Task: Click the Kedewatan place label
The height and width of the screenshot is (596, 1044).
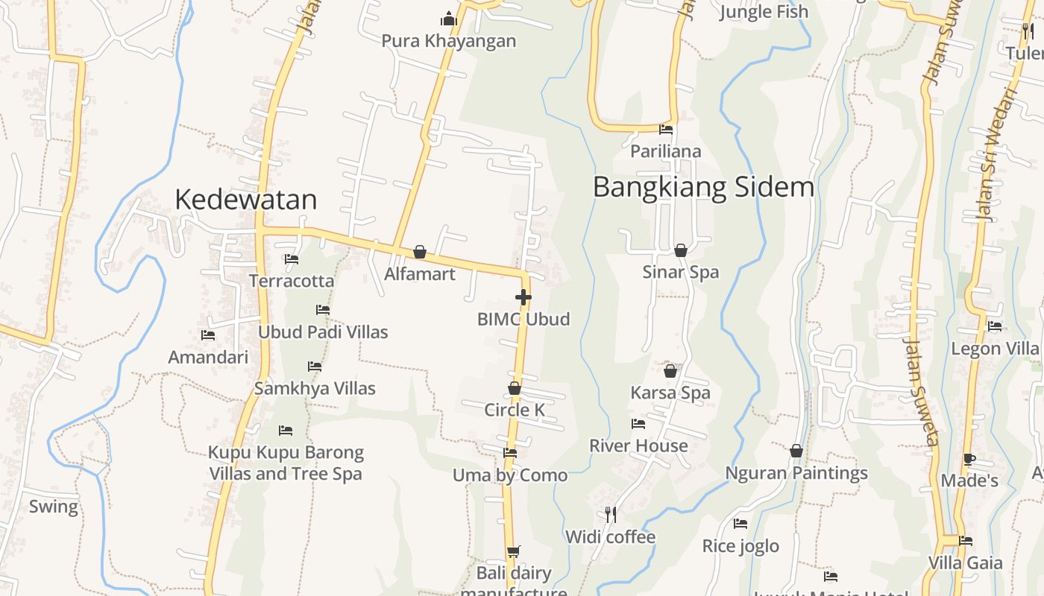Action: pyautogui.click(x=246, y=200)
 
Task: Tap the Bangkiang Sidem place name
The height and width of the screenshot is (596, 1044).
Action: pyautogui.click(x=703, y=187)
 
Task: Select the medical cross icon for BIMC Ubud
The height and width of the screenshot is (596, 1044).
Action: pyautogui.click(x=523, y=297)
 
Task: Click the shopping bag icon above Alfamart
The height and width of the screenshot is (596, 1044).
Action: pyautogui.click(x=420, y=252)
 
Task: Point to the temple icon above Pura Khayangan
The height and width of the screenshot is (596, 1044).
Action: pyautogui.click(x=449, y=19)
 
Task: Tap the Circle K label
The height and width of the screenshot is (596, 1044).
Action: pyautogui.click(x=515, y=410)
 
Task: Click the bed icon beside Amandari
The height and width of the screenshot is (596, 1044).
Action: pyautogui.click(x=208, y=336)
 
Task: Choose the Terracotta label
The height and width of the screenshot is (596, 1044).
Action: pyautogui.click(x=292, y=281)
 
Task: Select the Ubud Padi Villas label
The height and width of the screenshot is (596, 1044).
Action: pyautogui.click(x=323, y=332)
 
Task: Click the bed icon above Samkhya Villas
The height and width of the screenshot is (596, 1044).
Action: pyautogui.click(x=315, y=367)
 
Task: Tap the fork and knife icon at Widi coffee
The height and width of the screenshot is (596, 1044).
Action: pyautogui.click(x=610, y=514)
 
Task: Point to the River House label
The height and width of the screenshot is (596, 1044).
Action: pyautogui.click(x=638, y=446)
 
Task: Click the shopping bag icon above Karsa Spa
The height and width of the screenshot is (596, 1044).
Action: pyautogui.click(x=670, y=370)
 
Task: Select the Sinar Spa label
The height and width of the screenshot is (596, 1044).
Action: pyautogui.click(x=681, y=272)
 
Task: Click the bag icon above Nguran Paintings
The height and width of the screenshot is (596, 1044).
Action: pyautogui.click(x=796, y=451)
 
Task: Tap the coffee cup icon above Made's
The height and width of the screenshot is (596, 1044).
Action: pyautogui.click(x=969, y=459)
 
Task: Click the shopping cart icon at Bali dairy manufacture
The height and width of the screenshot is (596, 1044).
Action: pyautogui.click(x=513, y=552)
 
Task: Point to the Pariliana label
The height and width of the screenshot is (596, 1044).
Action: pyautogui.click(x=666, y=151)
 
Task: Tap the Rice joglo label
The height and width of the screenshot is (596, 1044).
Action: pyautogui.click(x=740, y=546)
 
